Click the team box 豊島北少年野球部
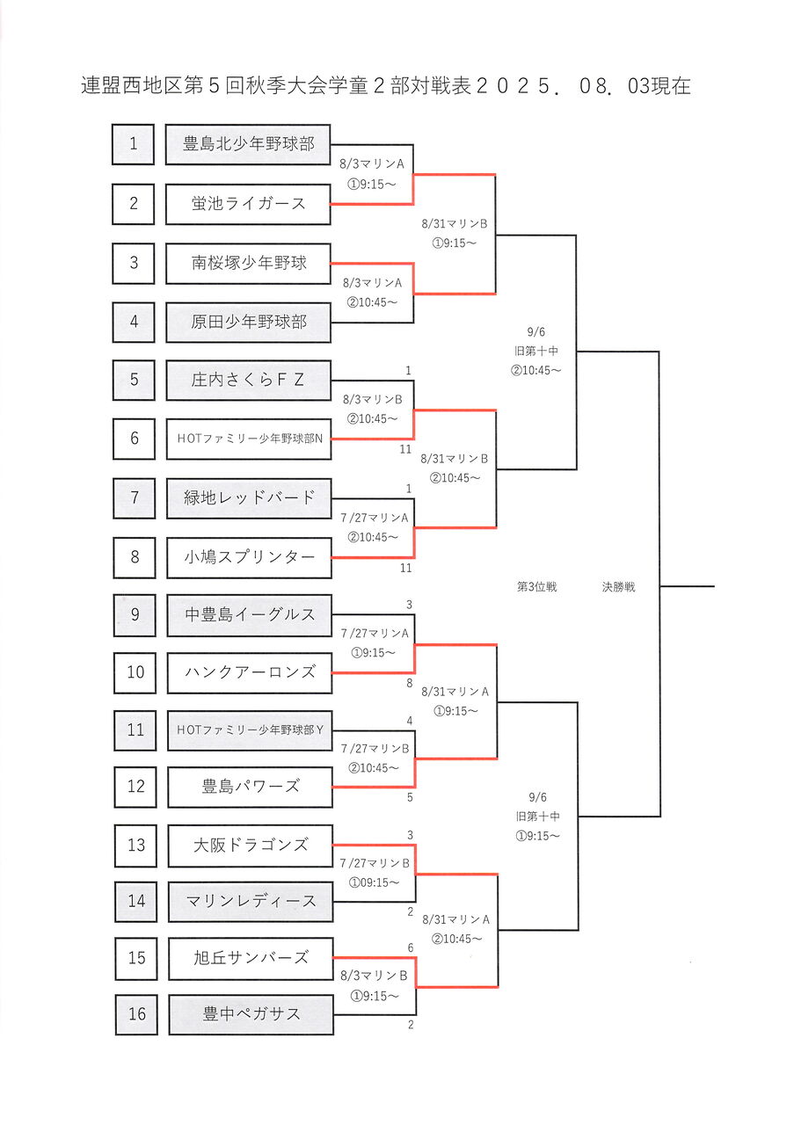tap(248, 144)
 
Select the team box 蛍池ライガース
tap(248, 204)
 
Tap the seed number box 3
tap(134, 263)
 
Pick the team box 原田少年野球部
tap(248, 323)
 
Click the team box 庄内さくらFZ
tap(248, 381)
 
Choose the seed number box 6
tap(134, 438)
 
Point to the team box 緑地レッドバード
tap(249, 497)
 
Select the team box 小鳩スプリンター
tap(249, 556)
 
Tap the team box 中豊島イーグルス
tap(250, 614)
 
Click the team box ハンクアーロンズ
tap(250, 672)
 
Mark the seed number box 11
tap(135, 729)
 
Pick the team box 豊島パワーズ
tap(250, 787)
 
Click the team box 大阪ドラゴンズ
tap(251, 846)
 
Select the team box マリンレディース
tap(251, 902)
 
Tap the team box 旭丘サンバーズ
tap(251, 958)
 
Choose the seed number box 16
tap(136, 1014)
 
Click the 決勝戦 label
tap(618, 587)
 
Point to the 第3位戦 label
tap(536, 587)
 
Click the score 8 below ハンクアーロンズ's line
tap(408, 682)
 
